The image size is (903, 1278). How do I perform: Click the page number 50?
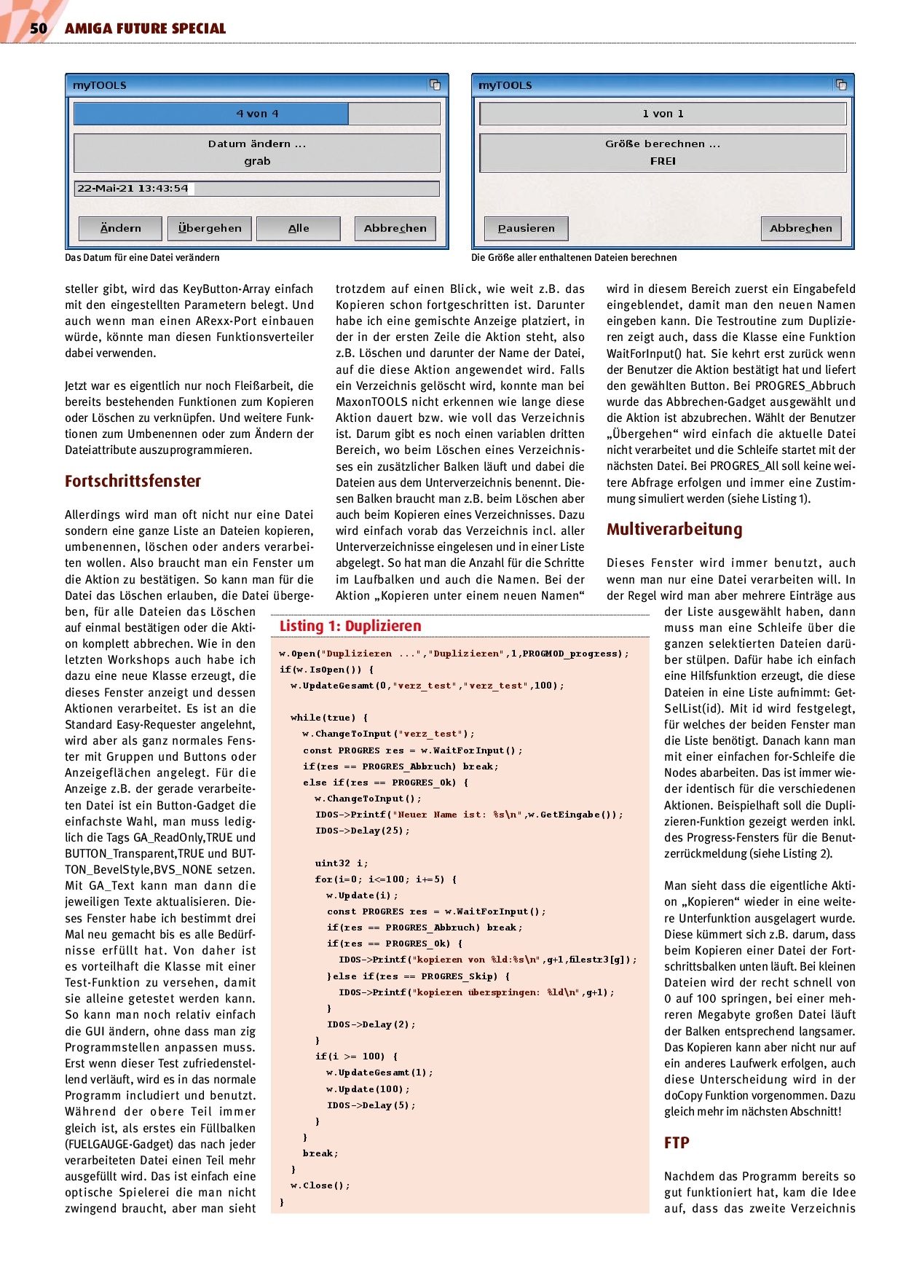click(x=38, y=28)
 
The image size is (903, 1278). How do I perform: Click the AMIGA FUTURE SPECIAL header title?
click(x=145, y=28)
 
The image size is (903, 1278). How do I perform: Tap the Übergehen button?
click(x=210, y=228)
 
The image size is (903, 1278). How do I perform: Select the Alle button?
click(x=299, y=228)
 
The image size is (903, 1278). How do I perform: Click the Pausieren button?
click(x=526, y=228)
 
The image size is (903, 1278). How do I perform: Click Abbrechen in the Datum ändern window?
click(x=395, y=228)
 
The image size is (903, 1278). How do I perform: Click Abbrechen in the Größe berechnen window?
click(x=800, y=228)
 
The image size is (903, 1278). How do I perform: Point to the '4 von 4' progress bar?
click(x=257, y=114)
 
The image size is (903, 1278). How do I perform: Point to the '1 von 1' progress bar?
click(x=663, y=114)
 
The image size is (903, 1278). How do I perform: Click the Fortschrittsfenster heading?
click(x=133, y=481)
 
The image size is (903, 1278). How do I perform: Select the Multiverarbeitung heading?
click(x=674, y=529)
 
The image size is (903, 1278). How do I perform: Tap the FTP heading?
click(x=677, y=1142)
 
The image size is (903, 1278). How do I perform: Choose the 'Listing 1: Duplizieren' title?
click(x=350, y=626)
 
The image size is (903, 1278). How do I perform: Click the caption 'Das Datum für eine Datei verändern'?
click(x=142, y=257)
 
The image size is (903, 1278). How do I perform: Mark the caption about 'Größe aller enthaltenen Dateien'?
click(x=574, y=257)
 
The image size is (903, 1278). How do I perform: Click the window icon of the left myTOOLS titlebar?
click(x=435, y=85)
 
